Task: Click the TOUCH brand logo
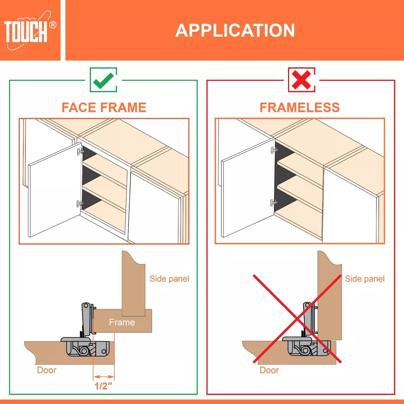point(28,30)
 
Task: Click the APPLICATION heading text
point(235,30)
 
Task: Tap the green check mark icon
point(103,80)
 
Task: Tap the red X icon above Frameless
point(301,80)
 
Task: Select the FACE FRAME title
point(104,107)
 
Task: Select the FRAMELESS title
point(300,107)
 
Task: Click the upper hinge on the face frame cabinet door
point(80,151)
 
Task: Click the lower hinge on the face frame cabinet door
point(80,204)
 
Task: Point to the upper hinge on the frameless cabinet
point(274,150)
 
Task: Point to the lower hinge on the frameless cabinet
point(274,203)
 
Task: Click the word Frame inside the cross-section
point(122,322)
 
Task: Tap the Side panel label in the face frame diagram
point(169,278)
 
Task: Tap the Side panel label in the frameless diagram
point(364,278)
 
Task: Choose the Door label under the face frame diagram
point(46,370)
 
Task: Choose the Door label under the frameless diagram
point(269,370)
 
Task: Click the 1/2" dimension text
point(103,386)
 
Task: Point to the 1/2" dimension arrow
point(103,377)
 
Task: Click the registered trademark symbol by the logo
point(53,25)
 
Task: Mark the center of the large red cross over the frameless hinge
point(297,319)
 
